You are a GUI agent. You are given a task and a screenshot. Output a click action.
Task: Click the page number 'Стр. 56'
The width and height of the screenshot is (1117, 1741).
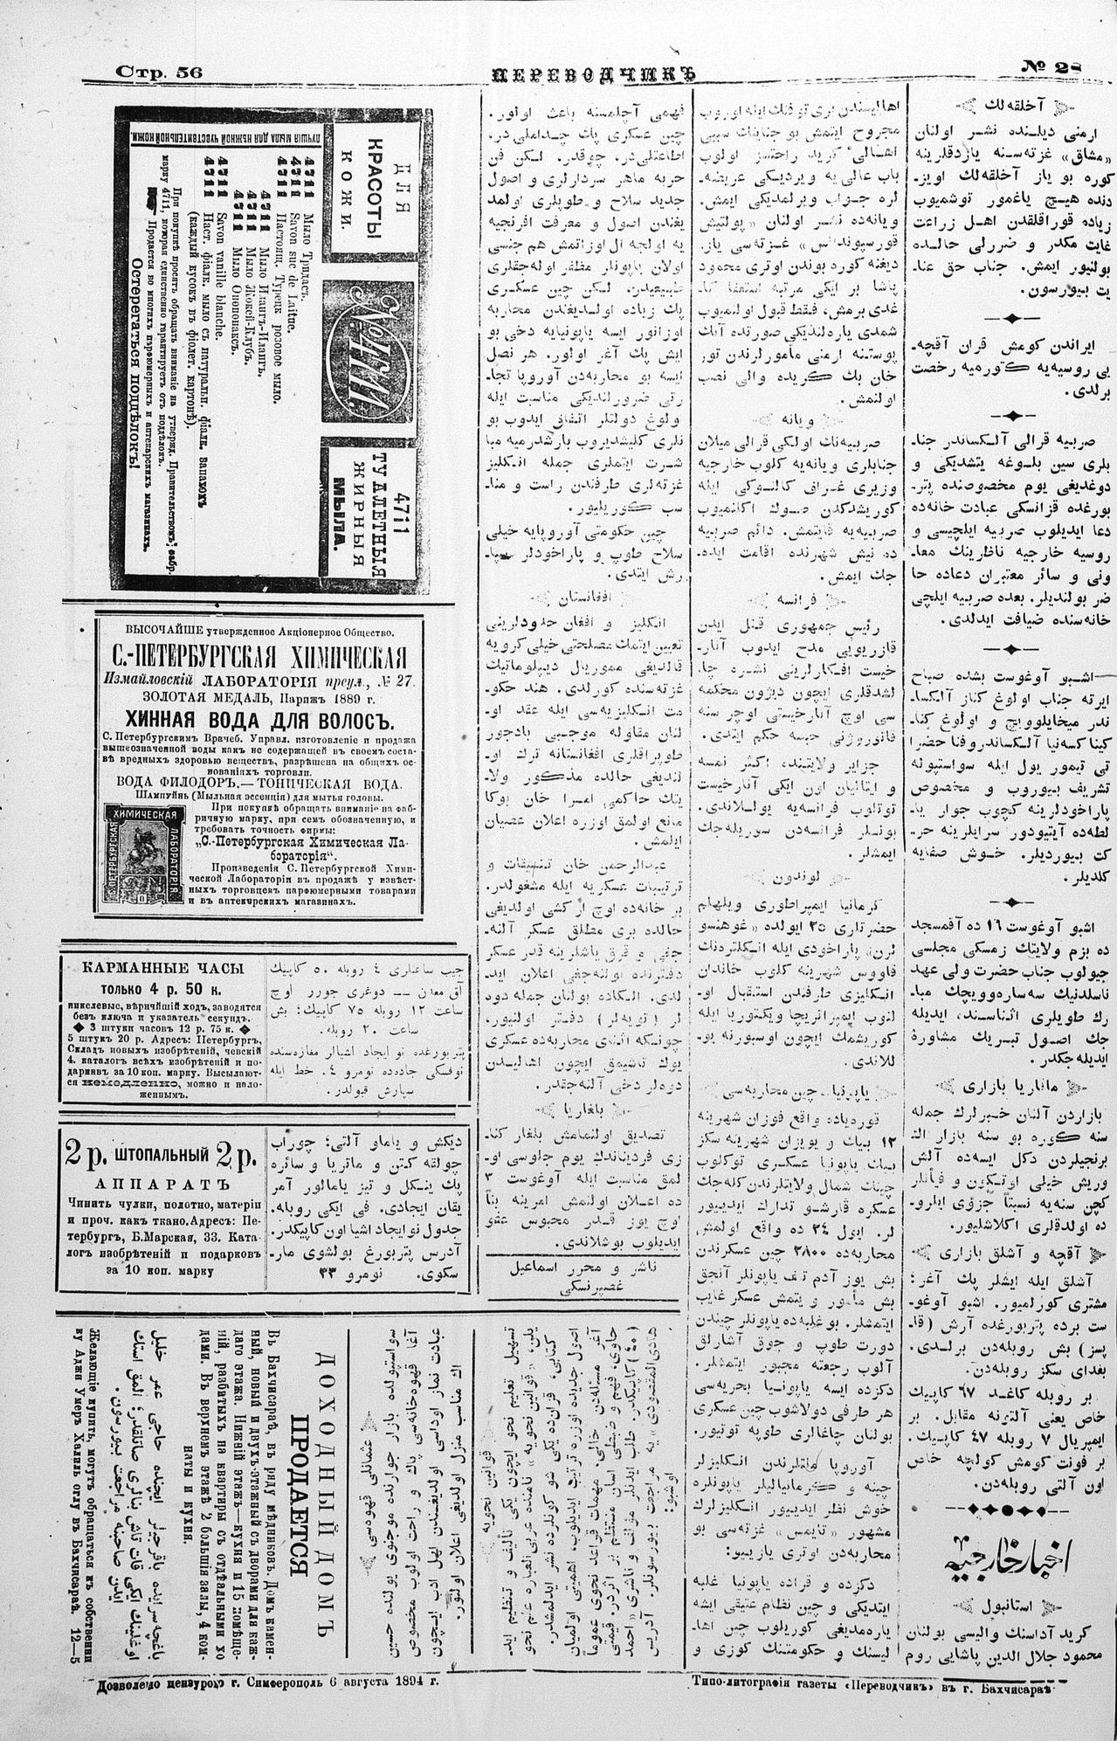(159, 73)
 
